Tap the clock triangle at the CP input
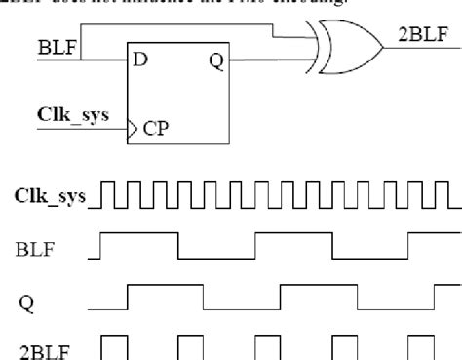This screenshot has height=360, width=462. [x=133, y=128]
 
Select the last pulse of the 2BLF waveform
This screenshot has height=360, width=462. [x=421, y=346]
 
